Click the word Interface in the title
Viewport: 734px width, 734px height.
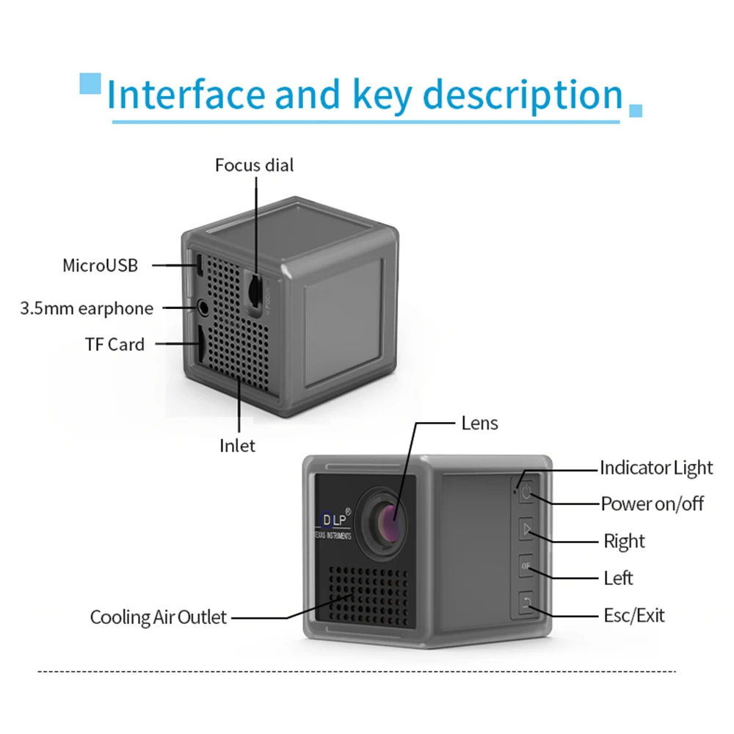point(185,95)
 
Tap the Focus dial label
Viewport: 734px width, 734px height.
point(254,165)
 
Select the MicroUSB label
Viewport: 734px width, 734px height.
point(100,265)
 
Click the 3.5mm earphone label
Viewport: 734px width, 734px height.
point(87,308)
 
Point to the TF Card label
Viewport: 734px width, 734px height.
point(115,344)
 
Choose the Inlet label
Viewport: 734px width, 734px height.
point(237,446)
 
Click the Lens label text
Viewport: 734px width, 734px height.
point(479,423)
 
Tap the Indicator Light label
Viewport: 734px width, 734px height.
point(656,468)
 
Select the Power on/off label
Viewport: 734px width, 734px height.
point(652,504)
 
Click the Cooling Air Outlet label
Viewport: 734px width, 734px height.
point(159,617)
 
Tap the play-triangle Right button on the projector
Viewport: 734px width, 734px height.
point(526,529)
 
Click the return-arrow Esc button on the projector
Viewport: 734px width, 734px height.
point(526,603)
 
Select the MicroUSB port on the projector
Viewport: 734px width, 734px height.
point(199,264)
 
